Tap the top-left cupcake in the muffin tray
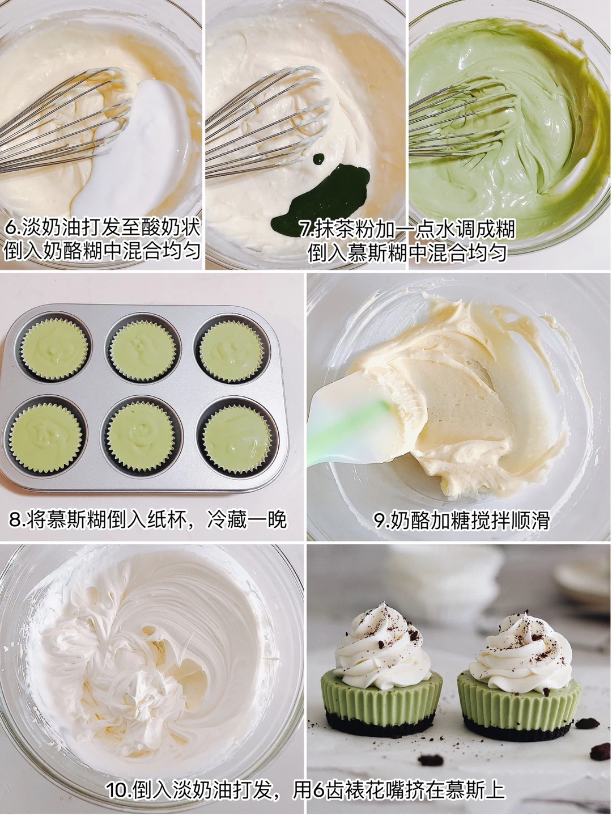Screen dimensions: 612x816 (54, 348)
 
